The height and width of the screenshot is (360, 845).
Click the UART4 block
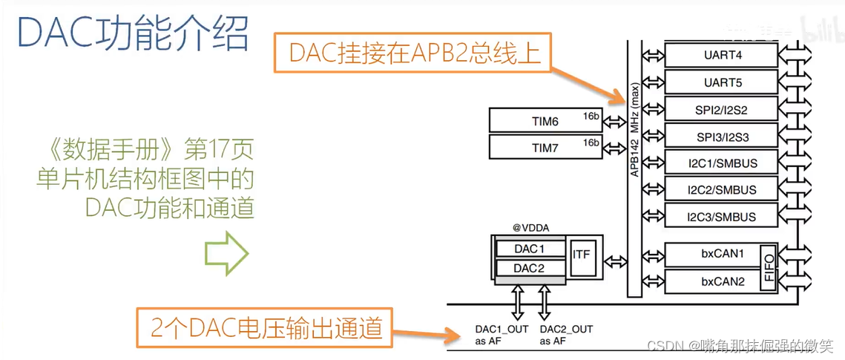(x=720, y=54)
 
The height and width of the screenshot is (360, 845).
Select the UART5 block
(x=720, y=82)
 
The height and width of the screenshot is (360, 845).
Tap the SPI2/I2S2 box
(x=720, y=109)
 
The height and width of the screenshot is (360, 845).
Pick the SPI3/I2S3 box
(x=720, y=136)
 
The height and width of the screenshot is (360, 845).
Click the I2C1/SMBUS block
(x=720, y=163)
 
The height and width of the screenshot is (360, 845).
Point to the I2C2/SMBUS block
(x=720, y=189)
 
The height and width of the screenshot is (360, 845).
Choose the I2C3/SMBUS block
(x=720, y=216)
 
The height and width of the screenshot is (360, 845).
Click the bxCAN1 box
(x=712, y=254)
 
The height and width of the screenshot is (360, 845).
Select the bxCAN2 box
(x=712, y=281)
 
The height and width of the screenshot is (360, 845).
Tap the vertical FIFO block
(x=769, y=267)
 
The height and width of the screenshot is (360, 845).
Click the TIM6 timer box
(x=545, y=120)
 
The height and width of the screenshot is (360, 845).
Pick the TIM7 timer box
(x=545, y=147)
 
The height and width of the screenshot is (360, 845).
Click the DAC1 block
(x=530, y=248)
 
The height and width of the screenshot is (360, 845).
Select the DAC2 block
(x=530, y=267)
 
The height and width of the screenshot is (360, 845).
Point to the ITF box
(x=582, y=254)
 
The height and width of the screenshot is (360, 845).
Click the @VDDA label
(x=530, y=226)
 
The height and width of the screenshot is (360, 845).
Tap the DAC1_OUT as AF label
(x=502, y=335)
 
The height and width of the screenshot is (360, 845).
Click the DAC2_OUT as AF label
(x=567, y=335)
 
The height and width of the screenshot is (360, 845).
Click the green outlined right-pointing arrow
(x=227, y=253)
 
